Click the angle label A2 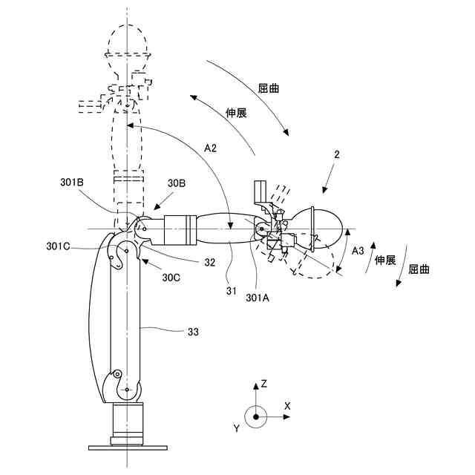click(211, 148)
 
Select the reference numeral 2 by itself click(337, 155)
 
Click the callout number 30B click(176, 183)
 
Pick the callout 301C click(59, 246)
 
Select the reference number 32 click(210, 261)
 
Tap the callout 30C click(171, 278)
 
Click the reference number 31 click(232, 292)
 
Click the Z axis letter click(263, 384)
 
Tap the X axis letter click(286, 405)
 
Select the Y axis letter click(236, 428)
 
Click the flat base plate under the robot click(128, 448)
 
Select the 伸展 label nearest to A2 click(236, 113)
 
